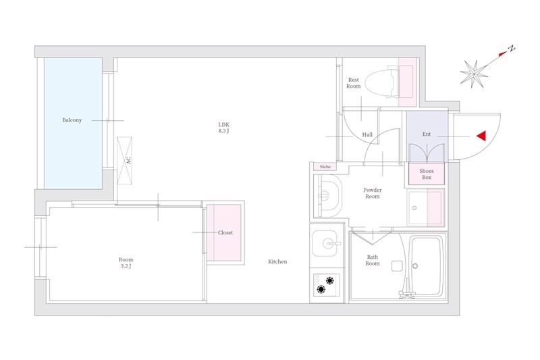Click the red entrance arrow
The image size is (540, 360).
481,136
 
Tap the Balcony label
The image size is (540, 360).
72,120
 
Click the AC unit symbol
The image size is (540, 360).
124,160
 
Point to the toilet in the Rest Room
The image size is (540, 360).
381,82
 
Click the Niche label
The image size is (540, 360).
325,167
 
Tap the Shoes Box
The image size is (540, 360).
427,174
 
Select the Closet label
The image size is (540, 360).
225,232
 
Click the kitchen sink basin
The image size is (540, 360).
325,244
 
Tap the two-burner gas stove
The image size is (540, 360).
326,285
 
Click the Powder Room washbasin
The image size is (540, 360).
329,196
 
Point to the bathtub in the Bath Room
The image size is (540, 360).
427,265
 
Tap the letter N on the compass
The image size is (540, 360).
512,49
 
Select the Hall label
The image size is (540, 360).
367,134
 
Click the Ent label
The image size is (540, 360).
427,134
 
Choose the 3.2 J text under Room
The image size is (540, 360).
126,266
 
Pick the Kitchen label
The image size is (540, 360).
277,261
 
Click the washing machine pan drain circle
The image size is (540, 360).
414,208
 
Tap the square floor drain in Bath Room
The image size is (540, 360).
397,266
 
